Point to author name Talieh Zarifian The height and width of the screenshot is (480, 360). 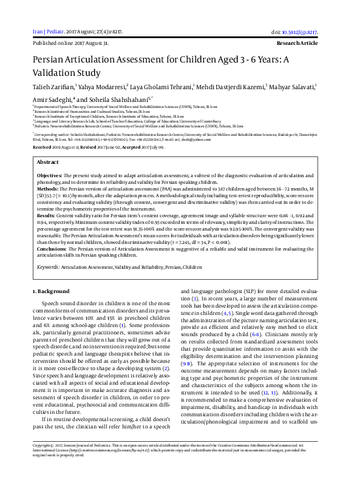[x=52, y=87]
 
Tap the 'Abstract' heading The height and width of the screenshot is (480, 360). [x=48, y=163]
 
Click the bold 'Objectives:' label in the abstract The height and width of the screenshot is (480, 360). [x=50, y=174]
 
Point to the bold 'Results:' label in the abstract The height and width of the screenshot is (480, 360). [x=46, y=215]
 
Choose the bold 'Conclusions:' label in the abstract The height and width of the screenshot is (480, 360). [x=52, y=249]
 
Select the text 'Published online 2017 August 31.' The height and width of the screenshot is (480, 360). [x=70, y=44]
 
